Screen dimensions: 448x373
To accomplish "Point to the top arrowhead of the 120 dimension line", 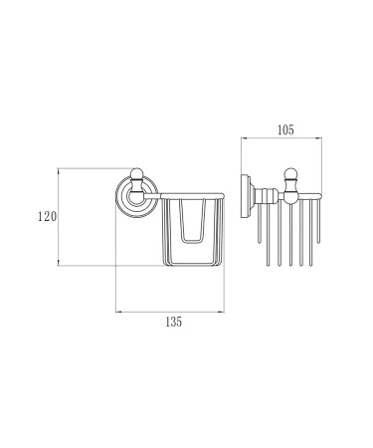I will (x=62, y=169).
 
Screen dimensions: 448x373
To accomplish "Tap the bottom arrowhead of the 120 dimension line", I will (x=62, y=264).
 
